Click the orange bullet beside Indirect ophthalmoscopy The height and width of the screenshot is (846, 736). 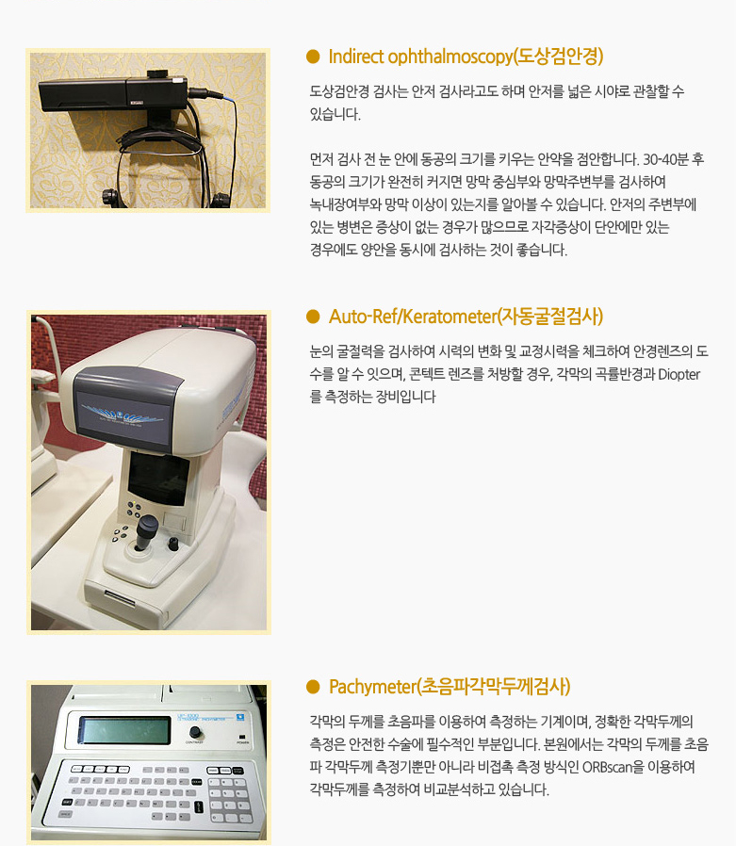313,57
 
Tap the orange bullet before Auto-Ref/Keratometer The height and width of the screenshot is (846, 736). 313,317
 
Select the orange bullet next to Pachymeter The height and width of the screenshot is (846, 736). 313,687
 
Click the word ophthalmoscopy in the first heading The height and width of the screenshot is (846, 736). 450,57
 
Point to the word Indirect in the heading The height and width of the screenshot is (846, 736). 356,57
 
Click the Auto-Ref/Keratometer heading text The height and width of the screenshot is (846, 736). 413,317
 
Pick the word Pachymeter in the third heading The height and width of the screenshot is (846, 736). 372,688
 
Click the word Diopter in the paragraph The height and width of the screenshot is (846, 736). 679,374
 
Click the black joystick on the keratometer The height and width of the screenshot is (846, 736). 146,531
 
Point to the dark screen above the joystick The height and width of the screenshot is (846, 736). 158,478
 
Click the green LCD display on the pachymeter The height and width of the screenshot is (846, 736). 124,730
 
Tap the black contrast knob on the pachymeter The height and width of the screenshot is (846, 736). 195,732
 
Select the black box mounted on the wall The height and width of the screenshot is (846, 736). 113,94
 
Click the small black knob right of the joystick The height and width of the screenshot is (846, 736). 173,544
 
